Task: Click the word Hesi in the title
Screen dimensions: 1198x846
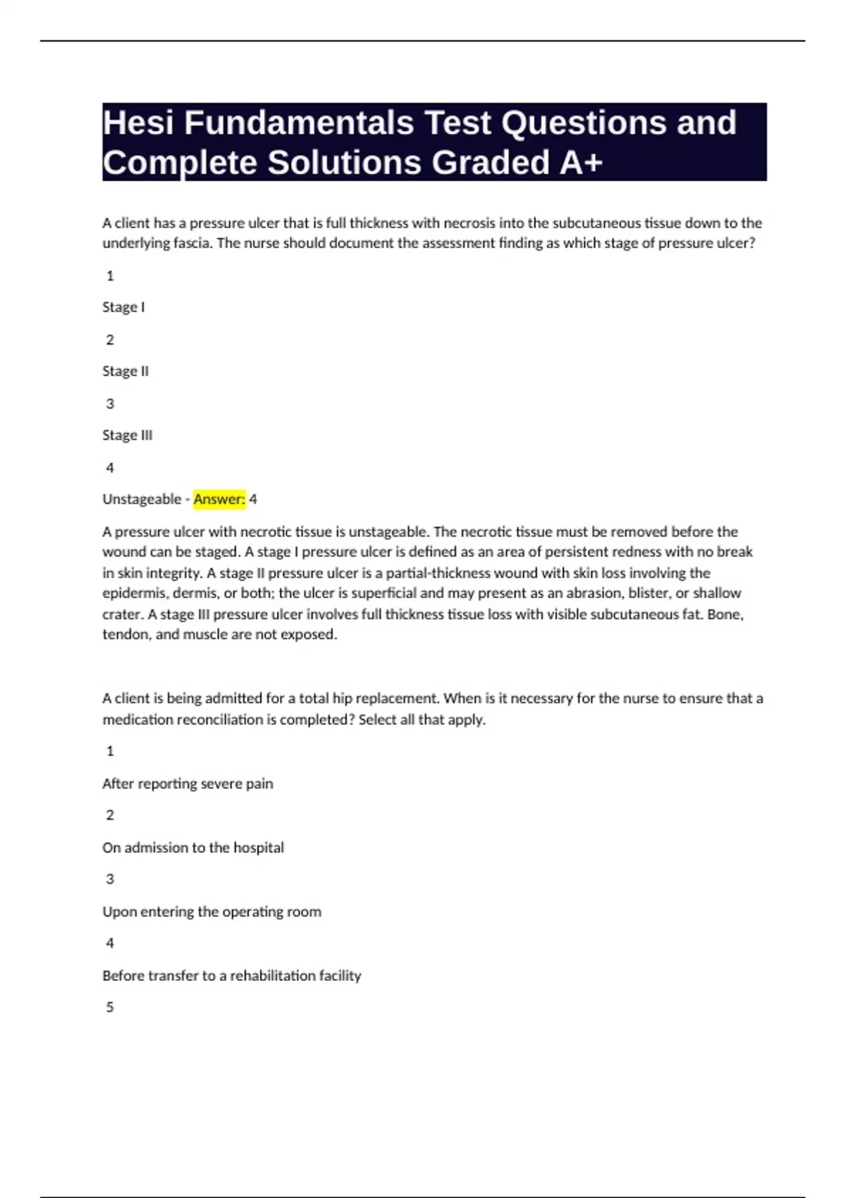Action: [138, 123]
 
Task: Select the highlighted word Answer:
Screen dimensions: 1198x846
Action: [219, 500]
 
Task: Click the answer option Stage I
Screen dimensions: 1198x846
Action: [123, 307]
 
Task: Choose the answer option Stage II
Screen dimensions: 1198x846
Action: [125, 371]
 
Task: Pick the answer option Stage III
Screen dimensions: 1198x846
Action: [127, 436]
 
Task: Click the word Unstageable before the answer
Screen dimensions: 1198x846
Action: [142, 500]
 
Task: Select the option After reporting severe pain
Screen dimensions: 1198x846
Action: [188, 784]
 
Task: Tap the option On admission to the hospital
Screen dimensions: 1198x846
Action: [193, 848]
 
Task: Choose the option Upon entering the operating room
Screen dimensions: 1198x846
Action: [211, 912]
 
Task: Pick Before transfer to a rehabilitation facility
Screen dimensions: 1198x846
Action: [231, 976]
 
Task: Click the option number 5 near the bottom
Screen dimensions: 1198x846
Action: [110, 1008]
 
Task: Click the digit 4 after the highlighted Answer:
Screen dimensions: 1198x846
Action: [253, 500]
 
